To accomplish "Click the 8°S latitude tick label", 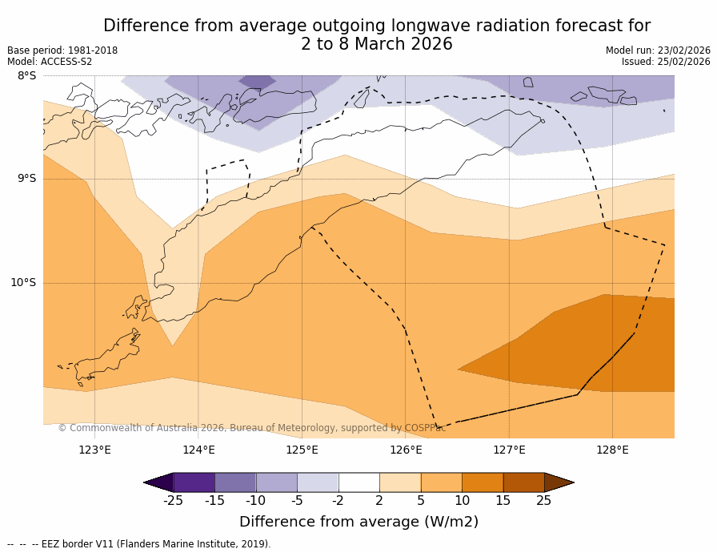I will [26, 76].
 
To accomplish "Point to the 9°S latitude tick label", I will [26, 179].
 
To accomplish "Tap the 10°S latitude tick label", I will [23, 282].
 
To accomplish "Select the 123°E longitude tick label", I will [94, 450].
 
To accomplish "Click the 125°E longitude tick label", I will [302, 450].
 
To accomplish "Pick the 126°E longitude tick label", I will [406, 450].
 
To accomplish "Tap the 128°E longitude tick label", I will [612, 450].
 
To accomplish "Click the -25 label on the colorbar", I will [173, 501].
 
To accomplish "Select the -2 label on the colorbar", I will [338, 501].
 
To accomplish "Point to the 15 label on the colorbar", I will [503, 501].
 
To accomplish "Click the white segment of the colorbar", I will [358, 482].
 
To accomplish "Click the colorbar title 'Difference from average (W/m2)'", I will [358, 522].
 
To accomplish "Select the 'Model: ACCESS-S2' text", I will [50, 62].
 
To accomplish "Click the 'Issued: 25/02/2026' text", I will [666, 62].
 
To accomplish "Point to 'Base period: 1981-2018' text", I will [62, 50].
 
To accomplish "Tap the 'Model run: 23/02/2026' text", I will [658, 50].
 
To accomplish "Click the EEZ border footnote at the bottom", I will [139, 544].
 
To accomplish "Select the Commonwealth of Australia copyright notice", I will [252, 428].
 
